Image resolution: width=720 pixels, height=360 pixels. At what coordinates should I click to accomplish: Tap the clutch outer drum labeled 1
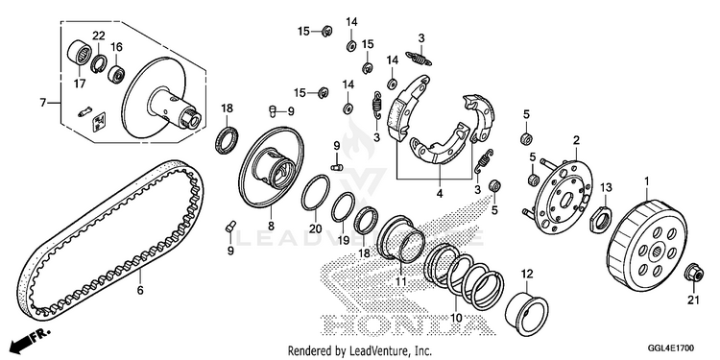(x=648, y=248)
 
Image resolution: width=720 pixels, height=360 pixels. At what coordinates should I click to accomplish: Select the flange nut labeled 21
(x=693, y=274)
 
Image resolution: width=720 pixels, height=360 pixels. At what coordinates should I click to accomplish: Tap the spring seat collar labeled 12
(x=526, y=310)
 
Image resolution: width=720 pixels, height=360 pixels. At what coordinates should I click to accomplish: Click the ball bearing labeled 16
(x=116, y=74)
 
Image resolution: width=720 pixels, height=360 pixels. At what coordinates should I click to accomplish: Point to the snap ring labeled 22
(x=98, y=64)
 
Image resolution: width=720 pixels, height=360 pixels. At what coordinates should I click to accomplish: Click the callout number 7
(x=42, y=103)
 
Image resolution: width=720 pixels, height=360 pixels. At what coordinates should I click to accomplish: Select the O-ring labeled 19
(x=343, y=207)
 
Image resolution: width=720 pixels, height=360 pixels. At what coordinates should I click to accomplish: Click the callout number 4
(x=440, y=193)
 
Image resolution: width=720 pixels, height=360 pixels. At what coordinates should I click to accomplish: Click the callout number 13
(x=606, y=188)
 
